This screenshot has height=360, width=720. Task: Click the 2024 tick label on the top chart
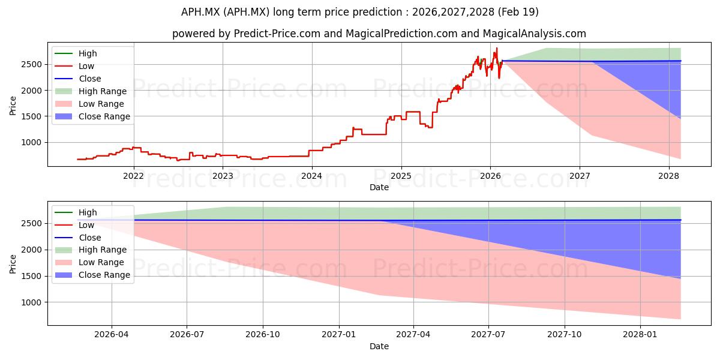(312, 176)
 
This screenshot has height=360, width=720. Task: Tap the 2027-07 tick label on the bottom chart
(488, 335)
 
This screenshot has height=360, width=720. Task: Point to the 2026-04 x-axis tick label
(112, 335)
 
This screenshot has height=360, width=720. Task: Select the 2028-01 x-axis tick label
(640, 335)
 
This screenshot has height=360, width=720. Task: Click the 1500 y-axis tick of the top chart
(31, 116)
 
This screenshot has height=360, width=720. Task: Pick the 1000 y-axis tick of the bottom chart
(31, 302)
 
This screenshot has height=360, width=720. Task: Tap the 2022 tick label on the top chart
(133, 176)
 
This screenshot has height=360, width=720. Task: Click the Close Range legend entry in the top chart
(92, 116)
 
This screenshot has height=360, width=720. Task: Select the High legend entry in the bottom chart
(76, 212)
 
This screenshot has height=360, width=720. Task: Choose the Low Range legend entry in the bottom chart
(89, 262)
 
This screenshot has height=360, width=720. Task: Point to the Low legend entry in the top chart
(74, 66)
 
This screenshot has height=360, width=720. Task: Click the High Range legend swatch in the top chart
(64, 91)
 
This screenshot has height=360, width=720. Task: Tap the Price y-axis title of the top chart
(13, 106)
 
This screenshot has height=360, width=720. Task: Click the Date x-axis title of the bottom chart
(379, 346)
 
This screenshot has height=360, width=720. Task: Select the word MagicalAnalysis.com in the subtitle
(534, 34)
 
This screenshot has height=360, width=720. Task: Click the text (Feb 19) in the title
(518, 12)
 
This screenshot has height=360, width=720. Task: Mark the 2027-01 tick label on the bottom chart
(339, 335)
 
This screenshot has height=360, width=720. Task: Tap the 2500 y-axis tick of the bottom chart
(31, 223)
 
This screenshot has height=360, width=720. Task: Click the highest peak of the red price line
(497, 48)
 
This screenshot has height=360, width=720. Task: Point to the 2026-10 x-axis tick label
(263, 335)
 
